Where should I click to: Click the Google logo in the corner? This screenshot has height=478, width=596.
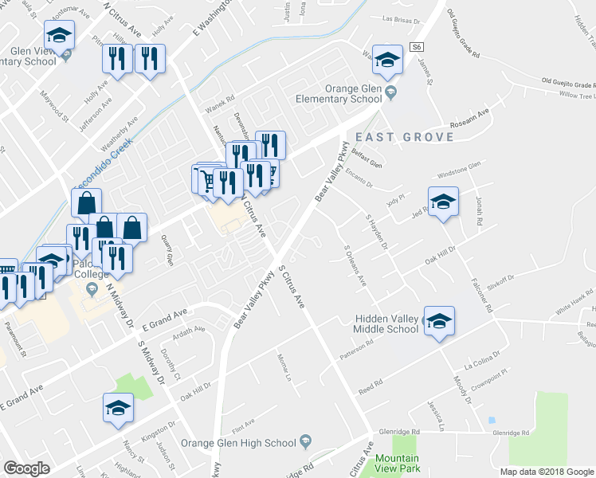pyautogui.click(x=27, y=468)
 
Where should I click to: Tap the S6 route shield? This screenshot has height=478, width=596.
pyautogui.click(x=417, y=47)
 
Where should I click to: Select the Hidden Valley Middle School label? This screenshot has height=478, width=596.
pyautogui.click(x=386, y=324)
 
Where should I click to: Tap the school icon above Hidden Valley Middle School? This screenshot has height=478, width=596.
pyautogui.click(x=438, y=321)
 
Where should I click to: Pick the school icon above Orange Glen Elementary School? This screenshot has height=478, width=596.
pyautogui.click(x=387, y=60)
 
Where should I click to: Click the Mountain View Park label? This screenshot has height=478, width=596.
pyautogui.click(x=397, y=463)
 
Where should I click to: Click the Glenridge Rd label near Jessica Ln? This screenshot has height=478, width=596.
pyautogui.click(x=512, y=432)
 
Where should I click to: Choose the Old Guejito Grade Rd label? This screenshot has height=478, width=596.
pyautogui.click(x=464, y=36)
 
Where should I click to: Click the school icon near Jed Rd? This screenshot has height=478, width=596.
pyautogui.click(x=443, y=202)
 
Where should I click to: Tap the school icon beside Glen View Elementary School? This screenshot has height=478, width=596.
pyautogui.click(x=59, y=36)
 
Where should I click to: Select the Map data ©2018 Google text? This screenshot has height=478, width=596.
pyautogui.click(x=547, y=472)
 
